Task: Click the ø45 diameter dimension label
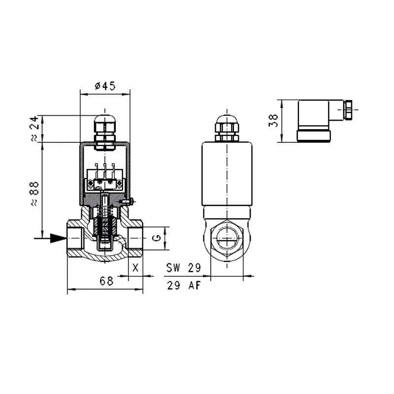click(x=105, y=86)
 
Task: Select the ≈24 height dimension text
click(x=34, y=129)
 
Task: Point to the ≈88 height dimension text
click(x=34, y=194)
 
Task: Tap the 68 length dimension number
click(x=106, y=281)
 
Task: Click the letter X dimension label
click(x=135, y=268)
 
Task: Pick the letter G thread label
click(x=156, y=238)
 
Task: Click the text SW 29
click(x=183, y=268)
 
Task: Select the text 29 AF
click(x=184, y=286)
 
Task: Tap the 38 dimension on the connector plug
click(x=273, y=121)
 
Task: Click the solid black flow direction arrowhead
click(x=58, y=238)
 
